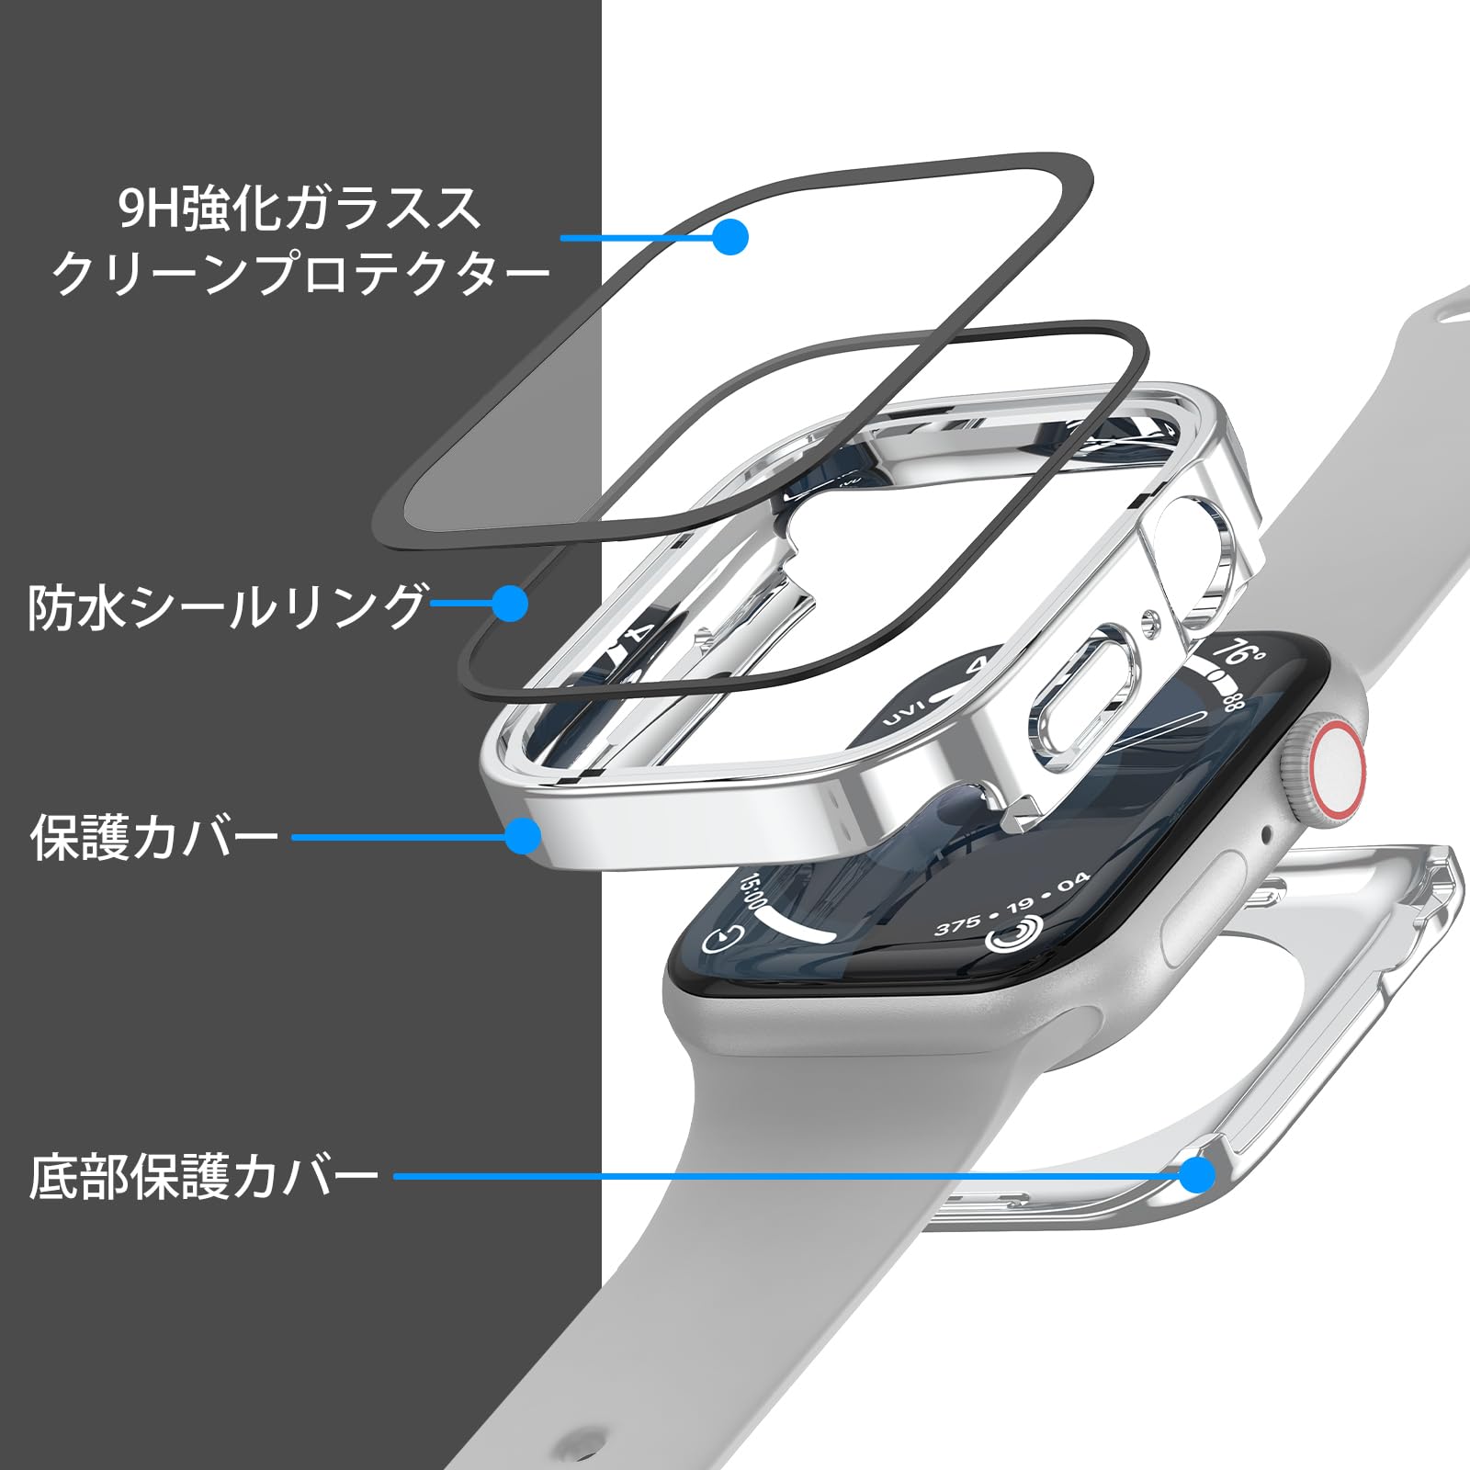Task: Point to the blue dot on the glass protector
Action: [x=730, y=236]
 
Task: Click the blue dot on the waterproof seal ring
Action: [x=510, y=604]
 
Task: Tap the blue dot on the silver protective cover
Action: [x=524, y=836]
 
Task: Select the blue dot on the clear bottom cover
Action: [x=1196, y=1174]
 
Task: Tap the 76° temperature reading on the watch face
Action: [x=1240, y=654]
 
